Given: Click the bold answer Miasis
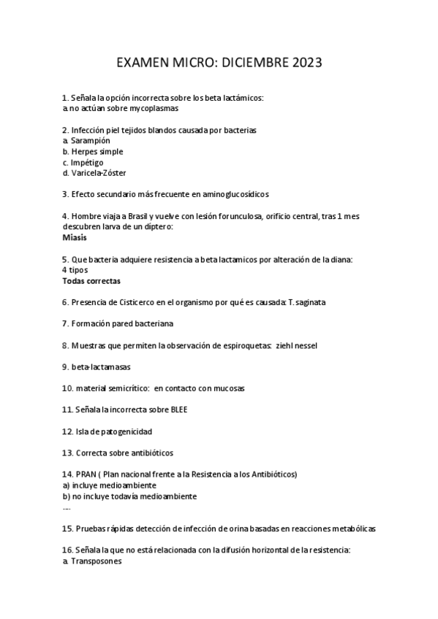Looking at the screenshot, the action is [x=75, y=237].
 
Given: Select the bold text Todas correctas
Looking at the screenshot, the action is [x=91, y=281].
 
